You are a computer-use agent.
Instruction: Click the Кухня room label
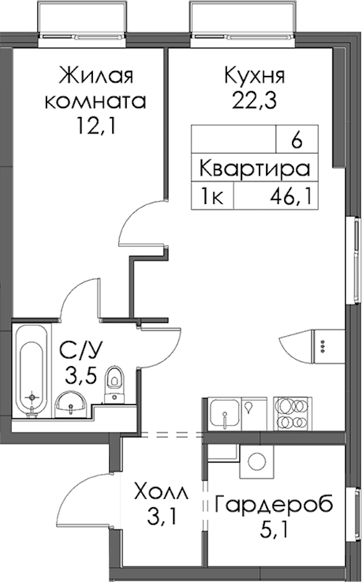[x=255, y=77]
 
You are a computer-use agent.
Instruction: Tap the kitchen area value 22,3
[x=255, y=100]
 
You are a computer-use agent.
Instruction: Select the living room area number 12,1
[x=96, y=127]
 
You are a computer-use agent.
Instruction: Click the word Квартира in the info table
[x=255, y=169]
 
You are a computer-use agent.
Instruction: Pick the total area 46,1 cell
[x=289, y=195]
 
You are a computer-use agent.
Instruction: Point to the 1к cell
[x=212, y=196]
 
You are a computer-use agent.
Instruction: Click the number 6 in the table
[x=296, y=142]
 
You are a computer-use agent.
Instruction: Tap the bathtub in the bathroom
[x=32, y=372]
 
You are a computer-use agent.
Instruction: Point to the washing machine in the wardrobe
[x=257, y=461]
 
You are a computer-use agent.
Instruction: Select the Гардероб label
[x=274, y=505]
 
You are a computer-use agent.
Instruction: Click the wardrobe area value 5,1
[x=274, y=530]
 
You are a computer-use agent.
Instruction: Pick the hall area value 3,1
[x=160, y=517]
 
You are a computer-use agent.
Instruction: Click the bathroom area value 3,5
[x=81, y=375]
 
